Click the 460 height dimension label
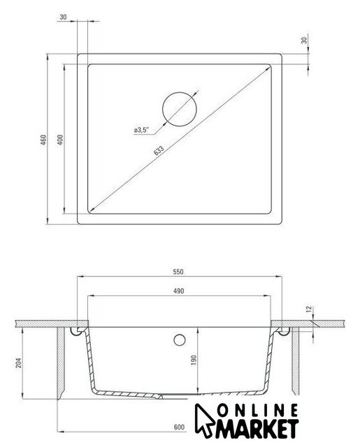[x=43, y=140]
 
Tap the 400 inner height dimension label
[x=60, y=140]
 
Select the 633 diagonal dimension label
[x=159, y=150]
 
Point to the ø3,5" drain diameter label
[x=141, y=130]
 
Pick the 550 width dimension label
[x=178, y=272]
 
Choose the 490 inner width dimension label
[x=178, y=291]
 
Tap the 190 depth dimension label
[x=194, y=360]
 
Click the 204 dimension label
[x=19, y=362]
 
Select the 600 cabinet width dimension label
[x=179, y=427]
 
